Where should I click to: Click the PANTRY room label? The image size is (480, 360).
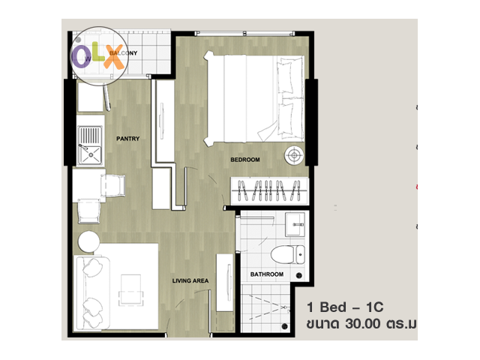128,139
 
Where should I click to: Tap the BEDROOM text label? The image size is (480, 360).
245,160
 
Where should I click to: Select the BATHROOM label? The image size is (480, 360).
267,274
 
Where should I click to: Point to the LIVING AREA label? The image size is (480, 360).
190,280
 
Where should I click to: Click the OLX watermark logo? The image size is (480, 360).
99,56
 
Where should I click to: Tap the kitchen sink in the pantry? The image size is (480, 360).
89,145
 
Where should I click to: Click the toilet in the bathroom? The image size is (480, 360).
288,254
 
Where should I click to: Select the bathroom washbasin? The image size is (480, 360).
295,225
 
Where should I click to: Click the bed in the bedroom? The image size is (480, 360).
254,98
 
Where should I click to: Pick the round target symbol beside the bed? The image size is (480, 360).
294,155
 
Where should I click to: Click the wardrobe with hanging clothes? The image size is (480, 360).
269,190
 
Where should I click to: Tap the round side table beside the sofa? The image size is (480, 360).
88,241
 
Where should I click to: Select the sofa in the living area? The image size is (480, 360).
92,293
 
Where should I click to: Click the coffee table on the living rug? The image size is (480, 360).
131,290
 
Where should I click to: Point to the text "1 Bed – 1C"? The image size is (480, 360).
345,307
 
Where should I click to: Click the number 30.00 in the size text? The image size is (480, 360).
363,323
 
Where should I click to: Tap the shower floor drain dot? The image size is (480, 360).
285,326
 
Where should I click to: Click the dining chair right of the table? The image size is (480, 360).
113,185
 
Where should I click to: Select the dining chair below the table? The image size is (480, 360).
89,211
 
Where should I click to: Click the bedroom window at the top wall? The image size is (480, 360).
244,33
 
